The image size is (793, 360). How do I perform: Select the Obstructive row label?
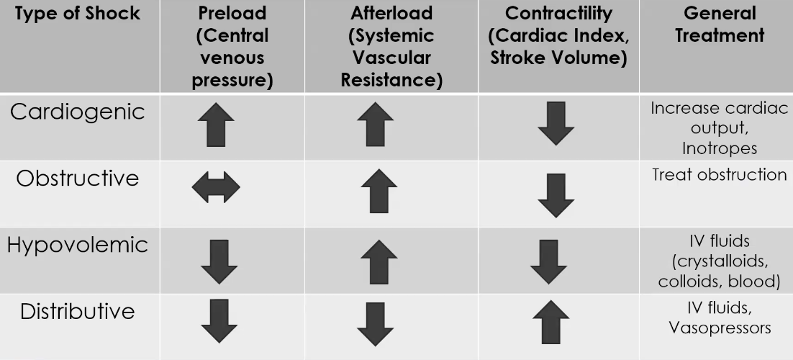point(78,179)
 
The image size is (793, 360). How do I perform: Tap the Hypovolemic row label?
point(78,246)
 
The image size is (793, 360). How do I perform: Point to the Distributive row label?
point(78,311)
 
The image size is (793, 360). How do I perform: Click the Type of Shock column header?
point(78,14)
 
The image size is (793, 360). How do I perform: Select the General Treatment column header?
point(720,24)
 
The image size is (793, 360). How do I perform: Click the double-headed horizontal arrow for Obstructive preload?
point(216,187)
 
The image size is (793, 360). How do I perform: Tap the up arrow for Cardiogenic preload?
point(216,125)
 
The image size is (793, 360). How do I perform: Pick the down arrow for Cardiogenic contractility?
point(556,124)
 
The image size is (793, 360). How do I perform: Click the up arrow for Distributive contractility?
point(550,323)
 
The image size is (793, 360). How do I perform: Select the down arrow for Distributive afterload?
point(375,325)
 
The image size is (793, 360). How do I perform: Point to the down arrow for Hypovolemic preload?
point(219,262)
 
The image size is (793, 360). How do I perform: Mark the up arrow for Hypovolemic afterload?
point(379,262)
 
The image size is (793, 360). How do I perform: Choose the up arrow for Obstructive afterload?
point(379,191)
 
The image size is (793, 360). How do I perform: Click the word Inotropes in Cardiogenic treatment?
point(719,148)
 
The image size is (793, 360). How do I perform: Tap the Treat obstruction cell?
point(719,175)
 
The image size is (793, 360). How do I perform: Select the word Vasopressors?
point(720,328)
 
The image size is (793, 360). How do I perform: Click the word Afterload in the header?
point(391,14)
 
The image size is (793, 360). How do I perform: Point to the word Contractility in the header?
point(558,14)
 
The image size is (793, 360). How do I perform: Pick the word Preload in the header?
point(232,14)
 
